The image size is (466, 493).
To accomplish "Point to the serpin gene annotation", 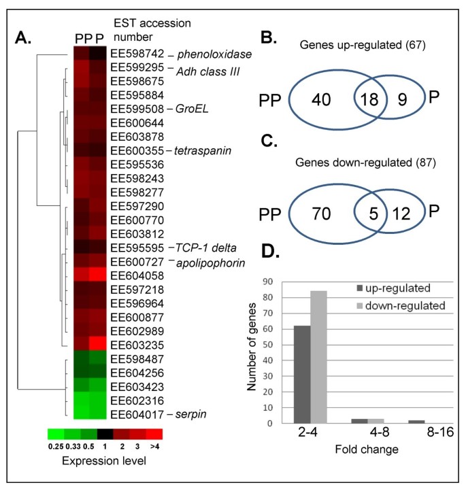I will tap(187, 413).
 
